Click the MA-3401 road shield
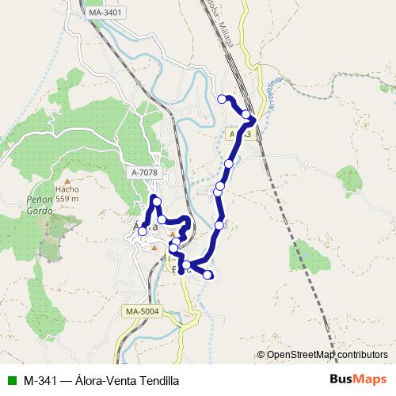click(105, 13)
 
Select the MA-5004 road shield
click(143, 311)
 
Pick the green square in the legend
click(10, 379)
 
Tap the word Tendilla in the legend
click(159, 379)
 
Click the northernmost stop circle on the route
click(222, 99)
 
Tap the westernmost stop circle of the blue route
click(143, 232)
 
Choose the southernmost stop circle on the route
click(209, 276)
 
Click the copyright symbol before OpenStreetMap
click(261, 355)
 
